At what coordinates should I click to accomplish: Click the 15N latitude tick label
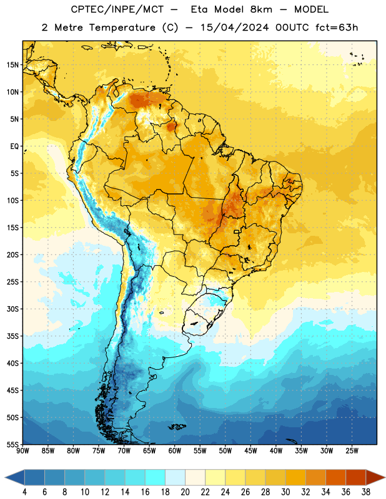(12, 65)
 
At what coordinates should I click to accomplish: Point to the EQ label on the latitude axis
(14, 147)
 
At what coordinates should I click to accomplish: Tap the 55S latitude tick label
(12, 444)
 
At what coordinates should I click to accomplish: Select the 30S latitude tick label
(12, 309)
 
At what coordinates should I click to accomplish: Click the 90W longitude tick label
(22, 451)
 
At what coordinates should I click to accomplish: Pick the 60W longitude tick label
(175, 451)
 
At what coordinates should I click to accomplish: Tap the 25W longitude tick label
(352, 451)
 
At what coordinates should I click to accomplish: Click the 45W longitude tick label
(250, 451)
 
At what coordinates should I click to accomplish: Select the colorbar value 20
(185, 492)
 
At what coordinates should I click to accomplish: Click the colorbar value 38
(366, 492)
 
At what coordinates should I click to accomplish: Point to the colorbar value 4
(24, 492)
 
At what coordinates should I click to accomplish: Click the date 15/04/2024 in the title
(235, 27)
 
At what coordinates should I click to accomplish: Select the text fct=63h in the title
(337, 27)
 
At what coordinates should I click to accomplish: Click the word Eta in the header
(199, 9)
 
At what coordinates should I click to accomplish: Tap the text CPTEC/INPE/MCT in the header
(117, 9)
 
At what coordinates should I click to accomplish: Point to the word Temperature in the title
(122, 27)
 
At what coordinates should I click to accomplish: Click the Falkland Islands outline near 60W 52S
(177, 427)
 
